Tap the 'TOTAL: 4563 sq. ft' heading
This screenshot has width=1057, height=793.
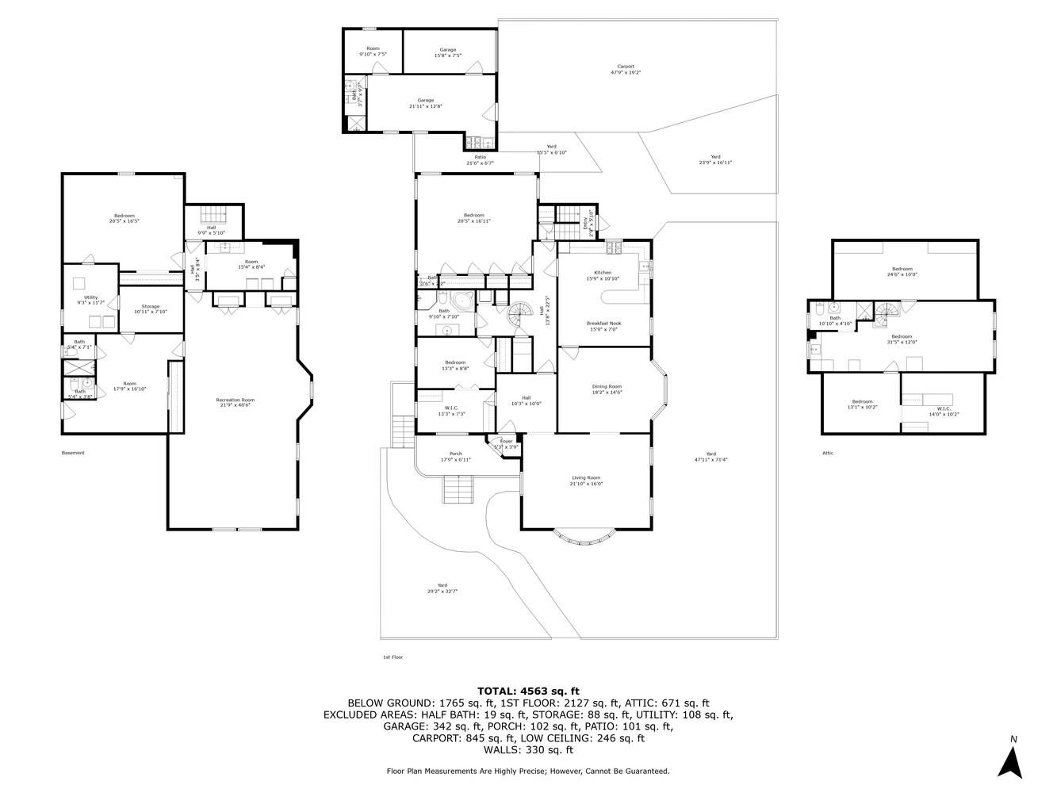(528, 691)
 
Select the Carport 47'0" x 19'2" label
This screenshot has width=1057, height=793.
(625, 69)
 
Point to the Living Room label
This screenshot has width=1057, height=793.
(586, 481)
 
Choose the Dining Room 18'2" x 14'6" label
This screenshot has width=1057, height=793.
(607, 389)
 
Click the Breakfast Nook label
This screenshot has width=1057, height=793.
(603, 326)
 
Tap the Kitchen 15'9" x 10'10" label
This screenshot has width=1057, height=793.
(603, 275)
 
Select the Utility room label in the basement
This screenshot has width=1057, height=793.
(91, 301)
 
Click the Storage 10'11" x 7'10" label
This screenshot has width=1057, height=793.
(151, 308)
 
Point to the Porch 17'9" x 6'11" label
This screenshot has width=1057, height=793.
(455, 457)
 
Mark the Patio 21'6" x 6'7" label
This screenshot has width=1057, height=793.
(480, 159)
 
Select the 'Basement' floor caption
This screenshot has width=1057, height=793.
(73, 453)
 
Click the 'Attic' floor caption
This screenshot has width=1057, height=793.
(828, 453)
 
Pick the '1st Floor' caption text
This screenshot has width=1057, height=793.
(393, 657)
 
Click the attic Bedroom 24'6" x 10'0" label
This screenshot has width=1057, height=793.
(902, 271)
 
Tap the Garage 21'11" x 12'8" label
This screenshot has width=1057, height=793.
(426, 103)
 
